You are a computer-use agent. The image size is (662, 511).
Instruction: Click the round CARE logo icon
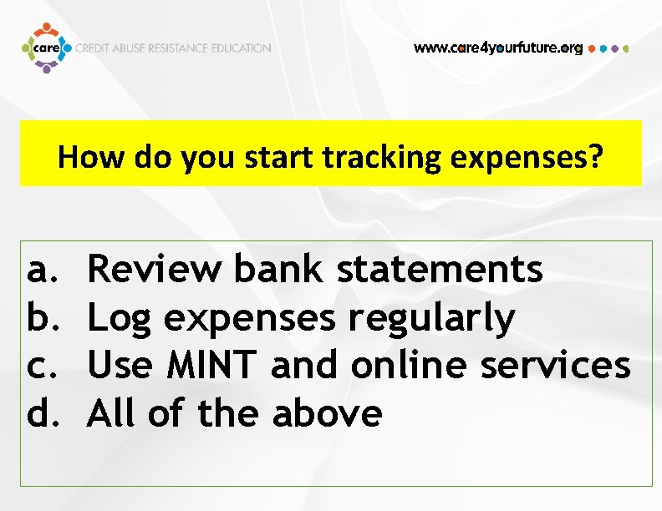tap(45, 48)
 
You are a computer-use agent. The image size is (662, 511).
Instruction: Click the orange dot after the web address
tap(592, 48)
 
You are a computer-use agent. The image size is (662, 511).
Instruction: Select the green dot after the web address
tap(626, 48)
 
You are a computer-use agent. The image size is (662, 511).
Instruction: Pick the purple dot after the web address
tap(615, 48)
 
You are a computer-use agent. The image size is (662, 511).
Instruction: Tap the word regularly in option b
tap(431, 318)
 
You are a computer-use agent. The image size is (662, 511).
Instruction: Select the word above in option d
tap(327, 412)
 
